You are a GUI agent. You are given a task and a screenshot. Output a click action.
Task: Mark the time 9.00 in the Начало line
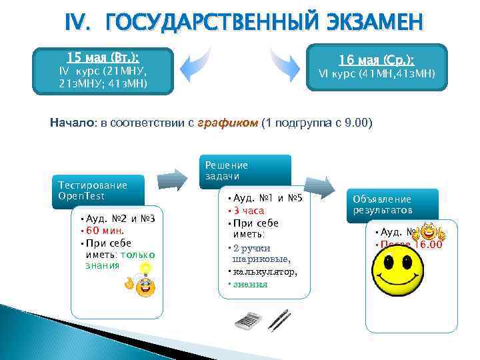coord(355,123)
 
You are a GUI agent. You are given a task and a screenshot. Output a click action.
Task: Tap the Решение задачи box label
coord(227,170)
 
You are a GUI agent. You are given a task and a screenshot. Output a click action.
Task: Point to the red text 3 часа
coord(248,211)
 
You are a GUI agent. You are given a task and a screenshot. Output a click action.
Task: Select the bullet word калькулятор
coord(264,272)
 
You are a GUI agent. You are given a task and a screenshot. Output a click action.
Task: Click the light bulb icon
coord(144,269)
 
